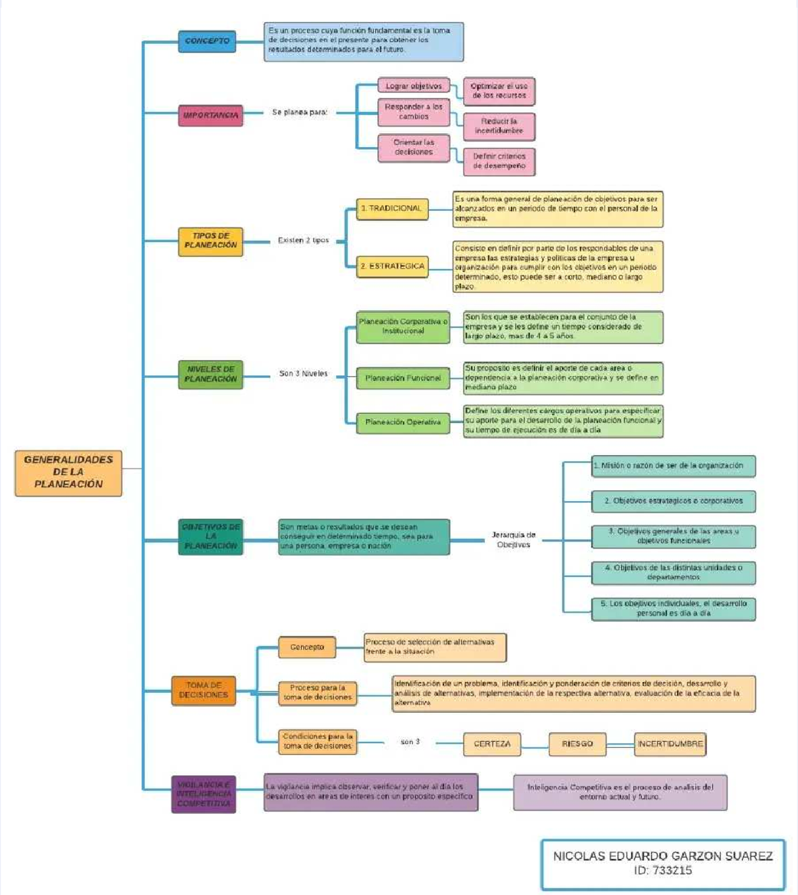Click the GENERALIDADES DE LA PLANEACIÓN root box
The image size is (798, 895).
point(68,472)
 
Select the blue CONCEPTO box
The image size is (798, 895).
point(207,41)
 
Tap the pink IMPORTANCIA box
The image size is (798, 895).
point(210,115)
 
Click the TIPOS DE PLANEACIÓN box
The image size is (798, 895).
point(210,241)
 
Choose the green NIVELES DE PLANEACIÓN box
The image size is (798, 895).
point(210,374)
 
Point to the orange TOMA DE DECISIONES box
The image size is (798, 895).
point(203,690)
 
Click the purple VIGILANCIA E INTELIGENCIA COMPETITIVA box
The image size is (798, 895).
point(203,794)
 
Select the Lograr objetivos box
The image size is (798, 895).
point(414,86)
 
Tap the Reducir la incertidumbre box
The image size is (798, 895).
point(499,126)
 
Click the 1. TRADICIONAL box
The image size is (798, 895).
point(392,208)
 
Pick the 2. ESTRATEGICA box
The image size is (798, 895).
point(392,266)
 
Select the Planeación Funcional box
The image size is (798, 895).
point(403,378)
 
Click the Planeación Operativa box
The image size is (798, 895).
point(403,422)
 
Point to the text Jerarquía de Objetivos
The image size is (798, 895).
point(513,540)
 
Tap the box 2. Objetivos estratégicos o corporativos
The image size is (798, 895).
point(673,501)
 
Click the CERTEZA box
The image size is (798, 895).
point(492,744)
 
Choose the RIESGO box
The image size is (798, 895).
point(577,744)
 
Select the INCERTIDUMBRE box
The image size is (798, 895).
point(670,744)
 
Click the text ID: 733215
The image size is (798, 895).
point(662,870)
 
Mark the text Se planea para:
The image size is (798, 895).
point(299,112)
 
